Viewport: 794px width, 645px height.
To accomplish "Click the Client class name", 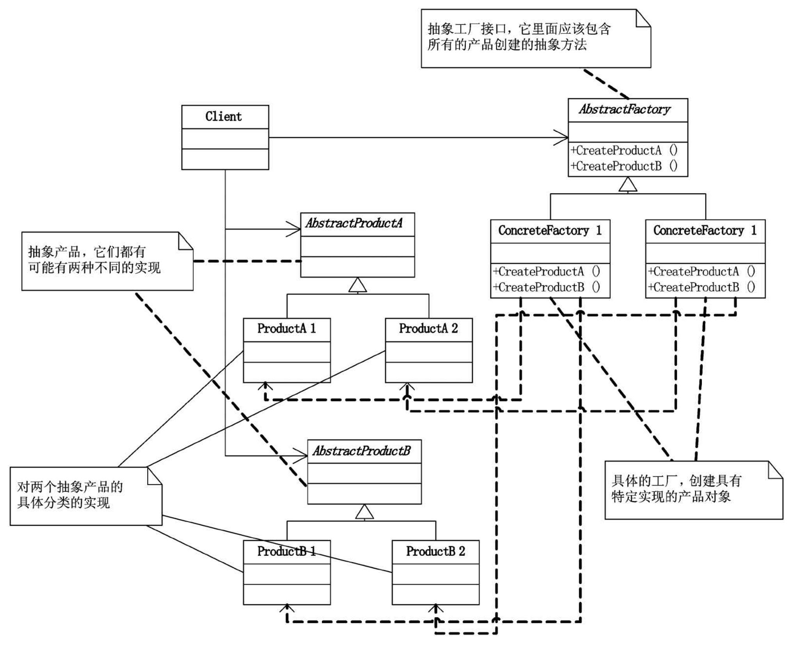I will pos(223,116).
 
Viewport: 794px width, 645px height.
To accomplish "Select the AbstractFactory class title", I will pos(624,109).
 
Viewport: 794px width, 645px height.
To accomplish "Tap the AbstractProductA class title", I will pos(353,223).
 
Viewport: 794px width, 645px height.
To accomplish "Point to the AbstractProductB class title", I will pos(361,451).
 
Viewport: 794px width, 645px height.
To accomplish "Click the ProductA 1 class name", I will pos(286,329).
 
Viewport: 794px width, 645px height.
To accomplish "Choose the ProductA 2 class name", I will pos(428,329).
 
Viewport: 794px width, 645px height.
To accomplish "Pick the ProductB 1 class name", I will pos(286,551).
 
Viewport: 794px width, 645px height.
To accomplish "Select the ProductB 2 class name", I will pos(435,551).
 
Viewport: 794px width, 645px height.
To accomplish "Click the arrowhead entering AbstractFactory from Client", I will pos(563,137).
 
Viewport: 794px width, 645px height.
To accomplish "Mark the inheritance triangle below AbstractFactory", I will pos(628,185).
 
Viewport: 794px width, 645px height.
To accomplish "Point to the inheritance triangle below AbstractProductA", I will pos(357,285).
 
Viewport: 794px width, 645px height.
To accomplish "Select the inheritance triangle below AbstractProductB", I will pos(364,512).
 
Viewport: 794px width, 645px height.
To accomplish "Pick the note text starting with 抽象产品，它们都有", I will pos(94,260).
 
